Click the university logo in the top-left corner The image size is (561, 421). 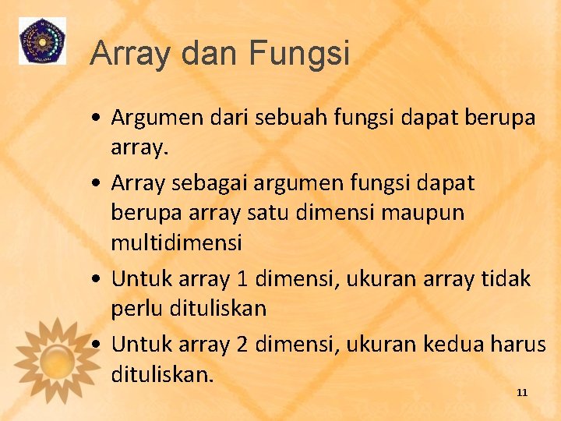click(x=43, y=41)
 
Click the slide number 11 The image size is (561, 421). click(x=522, y=392)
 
